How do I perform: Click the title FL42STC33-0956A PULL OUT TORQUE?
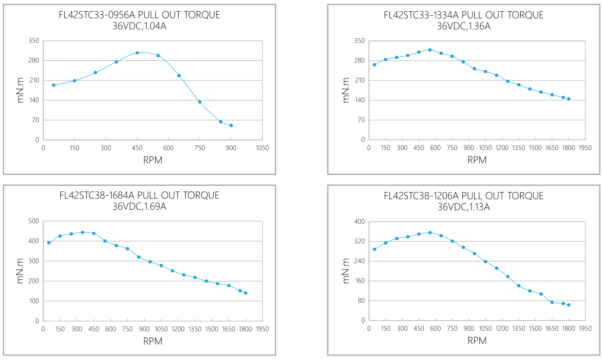(139, 15)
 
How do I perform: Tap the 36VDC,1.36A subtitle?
(463, 26)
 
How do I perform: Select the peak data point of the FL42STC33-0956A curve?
(137, 53)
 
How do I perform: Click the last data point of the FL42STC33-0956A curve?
(231, 126)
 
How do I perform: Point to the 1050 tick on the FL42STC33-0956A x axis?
(262, 148)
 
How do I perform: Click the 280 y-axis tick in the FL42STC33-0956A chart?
(34, 61)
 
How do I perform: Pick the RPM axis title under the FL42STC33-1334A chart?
(477, 160)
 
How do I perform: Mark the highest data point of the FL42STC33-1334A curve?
(430, 49)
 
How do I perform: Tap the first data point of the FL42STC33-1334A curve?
(374, 64)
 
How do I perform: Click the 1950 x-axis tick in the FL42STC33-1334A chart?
(585, 148)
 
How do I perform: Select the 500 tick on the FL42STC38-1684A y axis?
(34, 221)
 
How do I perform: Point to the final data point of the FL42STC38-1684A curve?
(245, 293)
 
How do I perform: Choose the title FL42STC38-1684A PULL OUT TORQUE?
(139, 195)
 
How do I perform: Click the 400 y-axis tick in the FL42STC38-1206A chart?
(359, 221)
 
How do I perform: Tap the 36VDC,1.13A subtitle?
(463, 207)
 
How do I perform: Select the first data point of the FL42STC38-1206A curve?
(374, 249)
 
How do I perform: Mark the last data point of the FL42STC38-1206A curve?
(568, 305)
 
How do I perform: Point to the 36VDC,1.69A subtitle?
(139, 207)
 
